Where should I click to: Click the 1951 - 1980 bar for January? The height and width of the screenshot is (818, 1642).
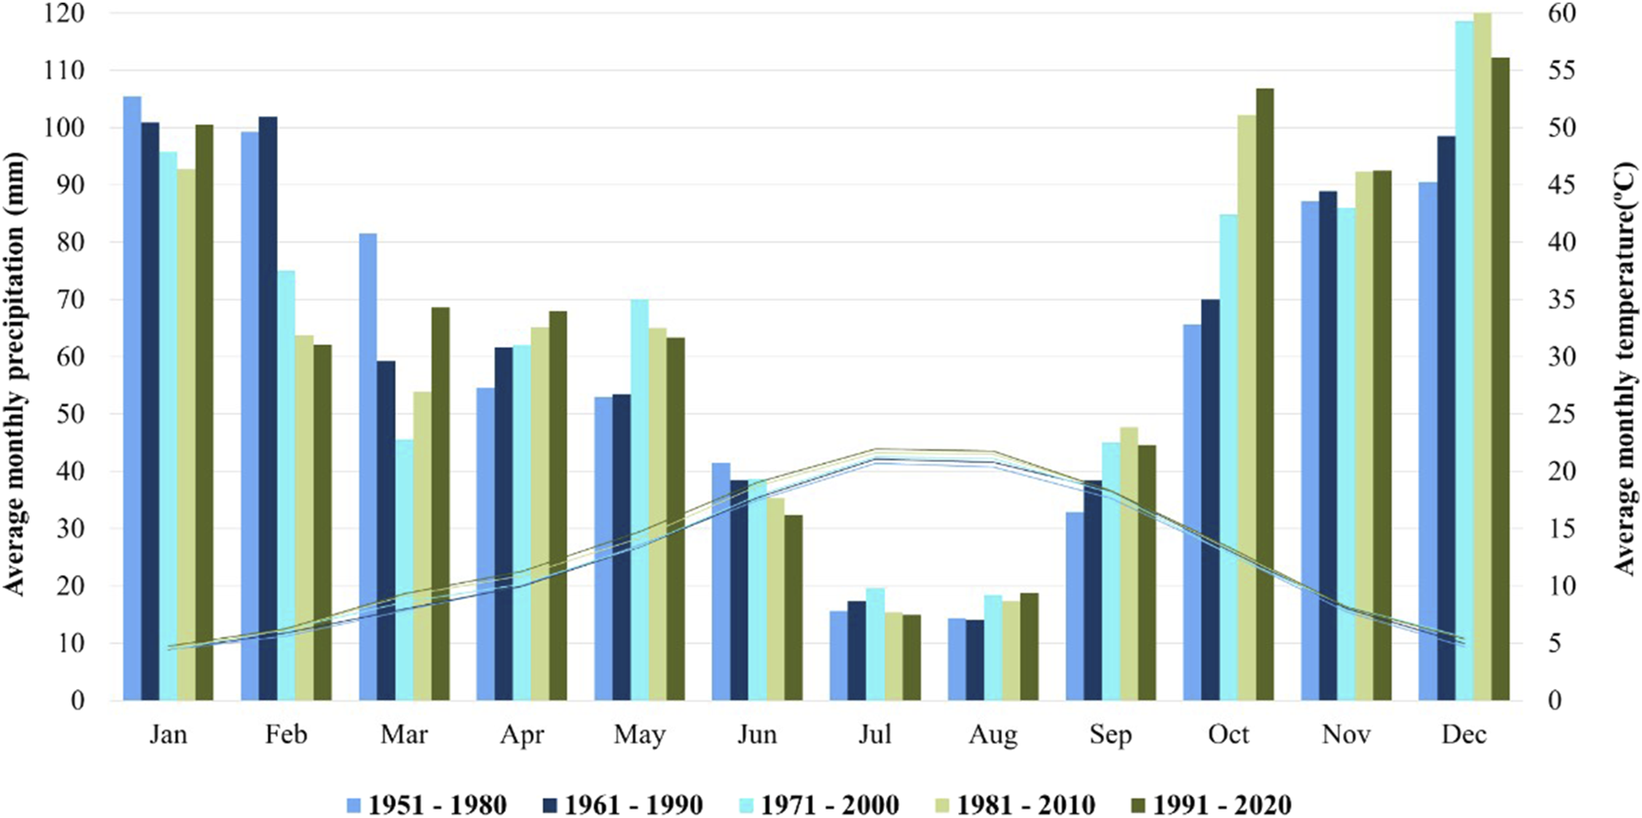[x=133, y=399]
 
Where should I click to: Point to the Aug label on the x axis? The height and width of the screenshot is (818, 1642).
[x=992, y=735]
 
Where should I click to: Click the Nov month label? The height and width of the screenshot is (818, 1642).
[x=1345, y=735]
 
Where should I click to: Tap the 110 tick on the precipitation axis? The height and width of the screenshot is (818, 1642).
[x=63, y=70]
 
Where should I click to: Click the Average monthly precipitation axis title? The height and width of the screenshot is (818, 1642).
[x=15, y=371]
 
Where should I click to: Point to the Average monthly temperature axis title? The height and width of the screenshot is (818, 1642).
[x=1624, y=369]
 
